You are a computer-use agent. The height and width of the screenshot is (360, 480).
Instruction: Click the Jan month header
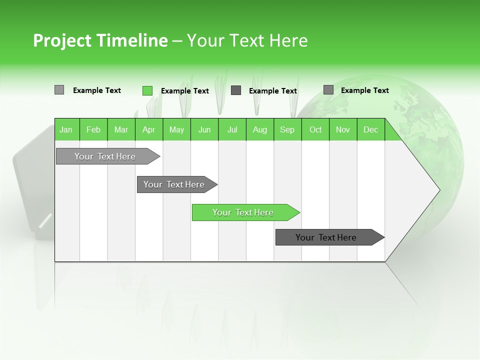(x=66, y=129)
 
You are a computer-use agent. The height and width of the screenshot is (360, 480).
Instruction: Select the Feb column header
(x=93, y=129)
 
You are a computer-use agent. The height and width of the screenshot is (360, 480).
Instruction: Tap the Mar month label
(x=121, y=129)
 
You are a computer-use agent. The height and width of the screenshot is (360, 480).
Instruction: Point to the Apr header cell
(x=149, y=129)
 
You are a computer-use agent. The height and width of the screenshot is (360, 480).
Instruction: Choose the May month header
(x=176, y=129)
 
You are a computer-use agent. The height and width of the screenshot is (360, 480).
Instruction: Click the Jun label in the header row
(x=204, y=129)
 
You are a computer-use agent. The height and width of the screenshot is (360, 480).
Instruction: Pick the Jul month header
(x=232, y=129)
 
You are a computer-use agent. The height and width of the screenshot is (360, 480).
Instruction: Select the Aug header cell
(x=260, y=129)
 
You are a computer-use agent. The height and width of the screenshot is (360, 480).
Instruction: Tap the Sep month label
(x=287, y=129)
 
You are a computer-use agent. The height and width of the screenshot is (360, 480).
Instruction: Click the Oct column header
(x=315, y=129)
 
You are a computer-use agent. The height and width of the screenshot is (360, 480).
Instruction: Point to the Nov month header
(x=343, y=129)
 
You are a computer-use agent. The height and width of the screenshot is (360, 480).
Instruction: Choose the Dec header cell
(x=370, y=129)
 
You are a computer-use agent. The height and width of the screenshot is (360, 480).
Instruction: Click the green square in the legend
(x=147, y=90)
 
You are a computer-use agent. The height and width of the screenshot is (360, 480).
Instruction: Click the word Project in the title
(x=62, y=40)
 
